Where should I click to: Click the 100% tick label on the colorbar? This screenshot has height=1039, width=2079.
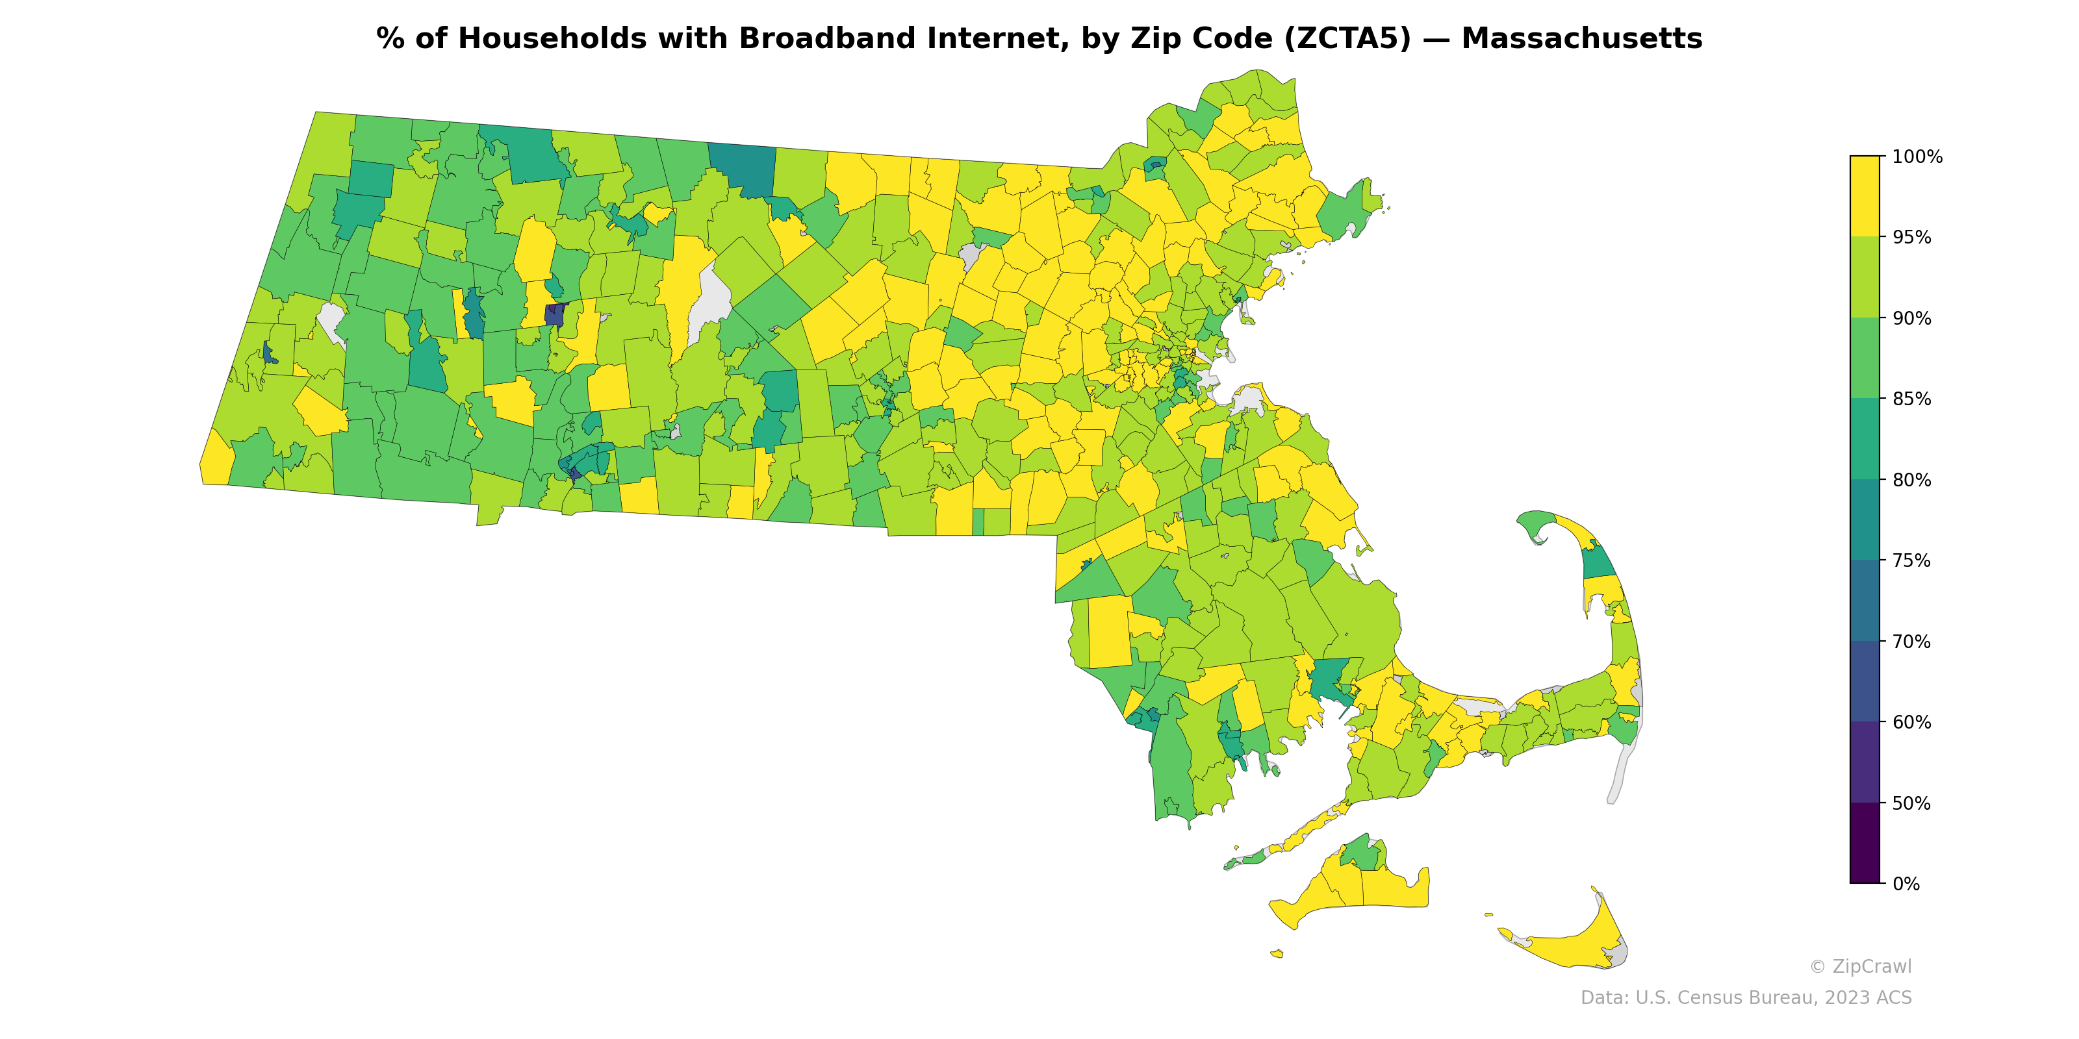(x=1917, y=156)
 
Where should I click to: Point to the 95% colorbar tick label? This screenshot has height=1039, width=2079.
(x=1911, y=237)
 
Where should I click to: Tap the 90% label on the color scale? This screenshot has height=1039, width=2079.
(x=1911, y=318)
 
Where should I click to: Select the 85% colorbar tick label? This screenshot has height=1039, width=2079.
(x=1911, y=399)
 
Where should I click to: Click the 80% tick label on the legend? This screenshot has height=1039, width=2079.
(x=1911, y=480)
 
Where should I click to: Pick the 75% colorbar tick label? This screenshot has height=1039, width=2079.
(x=1911, y=560)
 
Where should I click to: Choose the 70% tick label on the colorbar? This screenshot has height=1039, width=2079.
(x=1911, y=642)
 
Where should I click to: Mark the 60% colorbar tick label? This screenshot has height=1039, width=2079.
(x=1911, y=722)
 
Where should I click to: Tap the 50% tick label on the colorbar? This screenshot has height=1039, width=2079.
(x=1911, y=803)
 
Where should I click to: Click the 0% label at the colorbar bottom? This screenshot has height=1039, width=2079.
(x=1906, y=884)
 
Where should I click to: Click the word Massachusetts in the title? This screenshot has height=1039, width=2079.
(x=1581, y=39)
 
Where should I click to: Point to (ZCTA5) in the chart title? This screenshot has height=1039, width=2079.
(x=1348, y=39)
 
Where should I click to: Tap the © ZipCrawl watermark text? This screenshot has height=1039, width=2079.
(x=1859, y=966)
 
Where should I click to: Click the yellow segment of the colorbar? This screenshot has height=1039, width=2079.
(x=1865, y=196)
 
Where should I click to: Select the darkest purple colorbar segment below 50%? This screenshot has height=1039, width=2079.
(x=1865, y=843)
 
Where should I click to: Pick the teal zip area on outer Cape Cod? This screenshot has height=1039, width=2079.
(x=1598, y=562)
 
